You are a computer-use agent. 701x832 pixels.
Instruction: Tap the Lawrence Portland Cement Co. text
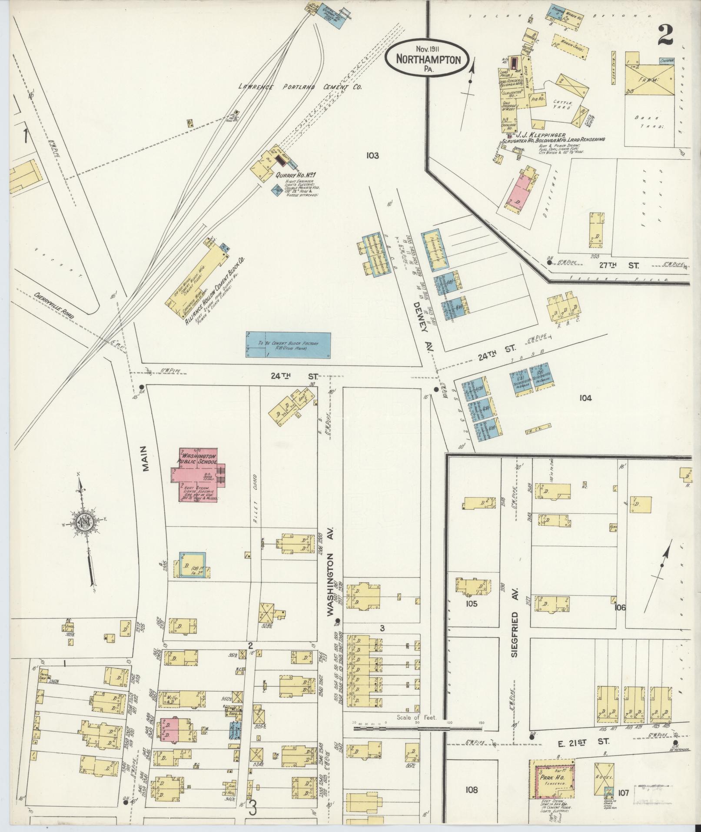[x=300, y=87]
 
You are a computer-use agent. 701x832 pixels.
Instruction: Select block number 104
[x=585, y=398]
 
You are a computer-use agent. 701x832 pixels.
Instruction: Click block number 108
[x=471, y=789]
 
